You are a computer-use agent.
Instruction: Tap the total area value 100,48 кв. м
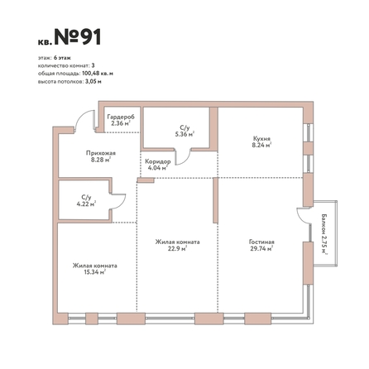[x=98, y=74]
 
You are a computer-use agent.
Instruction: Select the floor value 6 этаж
[x=62, y=58]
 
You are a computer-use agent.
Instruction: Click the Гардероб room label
[x=121, y=117]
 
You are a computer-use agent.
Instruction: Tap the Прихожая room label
[x=101, y=153]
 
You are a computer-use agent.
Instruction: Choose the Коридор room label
[x=158, y=161]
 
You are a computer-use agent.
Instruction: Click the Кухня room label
[x=261, y=138]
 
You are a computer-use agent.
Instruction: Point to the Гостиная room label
[x=261, y=242]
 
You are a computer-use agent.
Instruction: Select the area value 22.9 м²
[x=178, y=248]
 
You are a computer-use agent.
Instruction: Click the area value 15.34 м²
[x=95, y=272]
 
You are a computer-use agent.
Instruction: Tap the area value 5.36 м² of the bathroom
[x=184, y=134]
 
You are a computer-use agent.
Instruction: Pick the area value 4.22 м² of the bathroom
[x=86, y=204]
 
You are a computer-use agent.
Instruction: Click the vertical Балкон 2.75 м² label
[x=324, y=234]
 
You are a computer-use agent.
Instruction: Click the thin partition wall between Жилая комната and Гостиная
[x=215, y=200]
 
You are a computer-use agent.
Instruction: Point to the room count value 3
[x=93, y=65]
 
